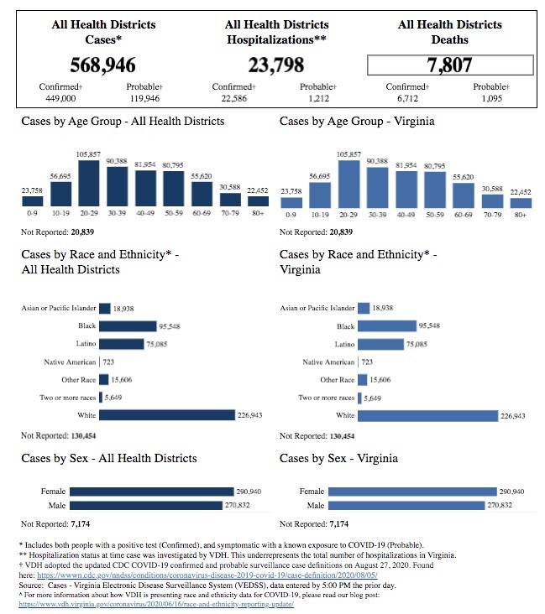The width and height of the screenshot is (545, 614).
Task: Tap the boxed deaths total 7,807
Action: coord(450,65)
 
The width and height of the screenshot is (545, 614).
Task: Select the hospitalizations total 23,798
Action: coord(277,65)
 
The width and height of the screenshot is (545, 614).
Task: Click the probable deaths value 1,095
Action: coord(490,98)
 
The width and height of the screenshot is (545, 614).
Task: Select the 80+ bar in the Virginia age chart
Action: coord(520,201)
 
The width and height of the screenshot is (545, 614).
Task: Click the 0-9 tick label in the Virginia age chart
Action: coord(291,215)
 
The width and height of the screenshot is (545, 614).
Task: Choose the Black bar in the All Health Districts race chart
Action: coord(128,326)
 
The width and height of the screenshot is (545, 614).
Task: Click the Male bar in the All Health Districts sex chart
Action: coord(149,506)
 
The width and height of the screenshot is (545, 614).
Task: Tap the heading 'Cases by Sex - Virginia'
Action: coord(338,459)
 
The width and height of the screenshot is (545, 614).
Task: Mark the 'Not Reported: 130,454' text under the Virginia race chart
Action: coord(317,436)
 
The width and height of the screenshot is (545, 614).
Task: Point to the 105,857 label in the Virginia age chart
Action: coord(348,155)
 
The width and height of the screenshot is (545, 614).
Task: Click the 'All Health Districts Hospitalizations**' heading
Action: coord(277,32)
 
